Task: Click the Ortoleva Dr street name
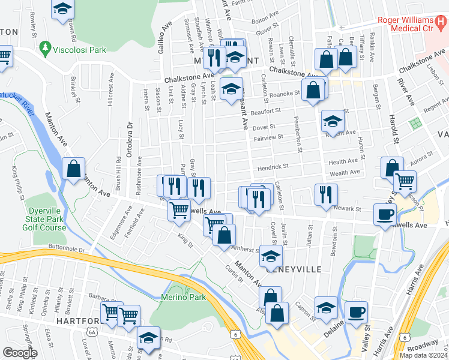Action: point(130,140)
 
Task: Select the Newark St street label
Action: point(348,209)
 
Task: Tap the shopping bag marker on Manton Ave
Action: point(73,169)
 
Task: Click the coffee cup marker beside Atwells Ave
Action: point(385,214)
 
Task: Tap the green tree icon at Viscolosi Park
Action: point(44,47)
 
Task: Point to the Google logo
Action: point(20,353)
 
